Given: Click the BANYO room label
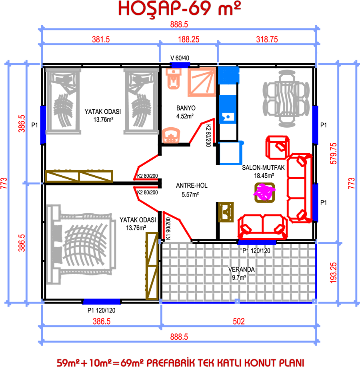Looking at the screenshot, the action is (x=186, y=108).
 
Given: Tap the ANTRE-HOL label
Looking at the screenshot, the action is (x=192, y=186).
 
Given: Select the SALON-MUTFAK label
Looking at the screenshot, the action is (x=263, y=168).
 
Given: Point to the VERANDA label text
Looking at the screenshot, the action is (x=242, y=269).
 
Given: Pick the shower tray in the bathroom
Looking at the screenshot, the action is (x=202, y=82).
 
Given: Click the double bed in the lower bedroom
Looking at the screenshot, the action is (x=81, y=245).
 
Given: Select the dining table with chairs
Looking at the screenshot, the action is (x=286, y=98).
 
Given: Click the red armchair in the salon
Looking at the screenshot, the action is (x=278, y=147).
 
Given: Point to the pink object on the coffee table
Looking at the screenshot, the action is (x=264, y=193).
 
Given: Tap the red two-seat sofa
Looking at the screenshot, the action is (x=263, y=227).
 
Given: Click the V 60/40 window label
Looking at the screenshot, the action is (x=180, y=58).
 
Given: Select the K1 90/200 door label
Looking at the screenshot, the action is (x=168, y=229).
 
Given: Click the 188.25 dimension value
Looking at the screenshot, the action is (x=188, y=39).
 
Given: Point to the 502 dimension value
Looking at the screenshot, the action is (x=238, y=321).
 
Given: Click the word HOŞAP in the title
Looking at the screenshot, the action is (x=150, y=8).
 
